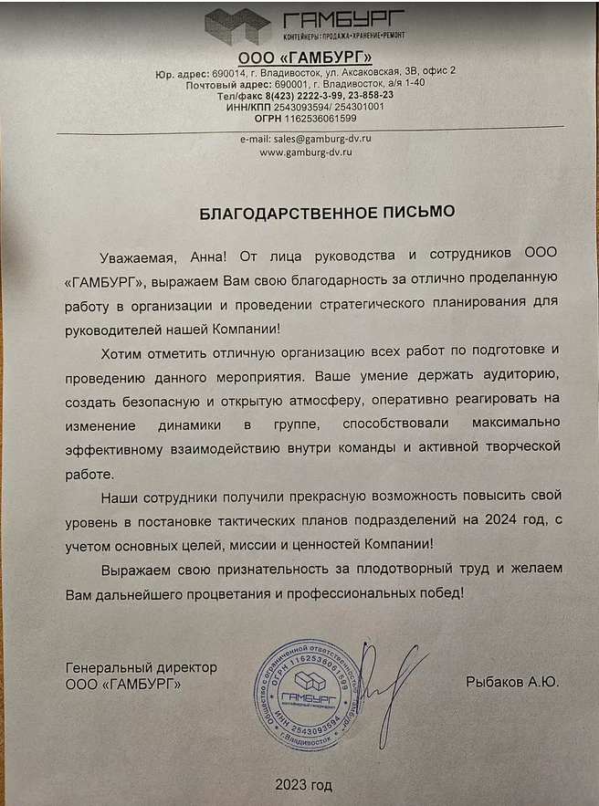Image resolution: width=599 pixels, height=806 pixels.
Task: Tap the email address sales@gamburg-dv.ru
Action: click(306, 139)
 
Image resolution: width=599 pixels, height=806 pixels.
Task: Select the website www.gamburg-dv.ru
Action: click(306, 152)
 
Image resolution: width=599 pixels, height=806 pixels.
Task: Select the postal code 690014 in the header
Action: click(230, 70)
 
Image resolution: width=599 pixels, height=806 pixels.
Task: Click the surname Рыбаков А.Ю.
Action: click(511, 682)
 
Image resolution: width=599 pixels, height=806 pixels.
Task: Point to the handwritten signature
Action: click(388, 689)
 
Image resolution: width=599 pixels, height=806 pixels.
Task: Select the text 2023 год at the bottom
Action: click(304, 784)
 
